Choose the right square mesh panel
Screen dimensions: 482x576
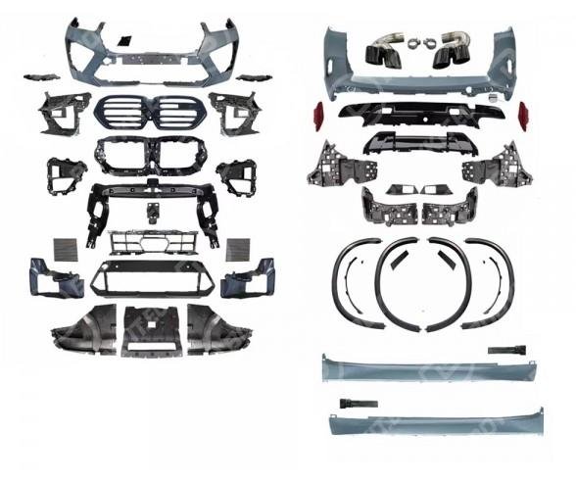pos(238,249)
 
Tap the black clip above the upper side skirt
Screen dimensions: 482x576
pos(506,350)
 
